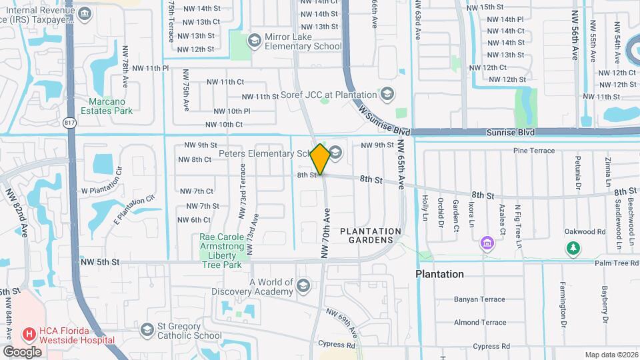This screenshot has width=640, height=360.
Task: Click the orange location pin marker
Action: [x=320, y=159]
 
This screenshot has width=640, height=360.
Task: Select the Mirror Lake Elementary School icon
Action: [x=254, y=41]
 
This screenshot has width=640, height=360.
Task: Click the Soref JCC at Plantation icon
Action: [x=386, y=93]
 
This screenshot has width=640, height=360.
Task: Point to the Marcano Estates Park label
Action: [x=107, y=106]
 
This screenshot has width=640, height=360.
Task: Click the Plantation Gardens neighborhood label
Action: [x=371, y=235]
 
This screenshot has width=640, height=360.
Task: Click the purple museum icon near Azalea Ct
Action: [x=487, y=243]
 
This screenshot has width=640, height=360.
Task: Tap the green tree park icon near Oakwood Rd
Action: [x=572, y=249]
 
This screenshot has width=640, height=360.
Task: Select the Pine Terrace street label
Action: [x=534, y=151]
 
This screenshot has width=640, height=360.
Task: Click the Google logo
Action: [x=23, y=351]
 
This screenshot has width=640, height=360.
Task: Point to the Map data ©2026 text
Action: [x=611, y=355]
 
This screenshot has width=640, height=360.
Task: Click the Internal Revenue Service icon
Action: [x=85, y=14]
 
